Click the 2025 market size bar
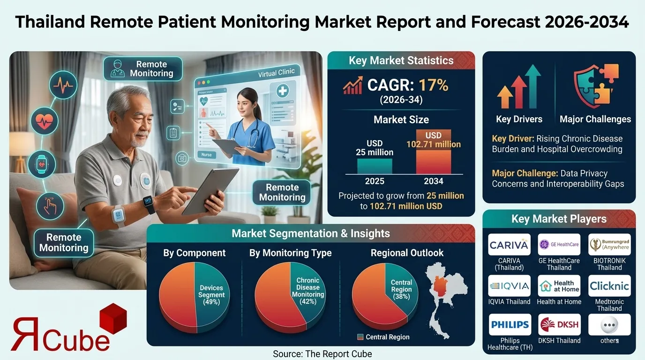(375, 166)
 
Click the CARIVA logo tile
(509, 245)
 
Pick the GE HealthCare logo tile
(559, 245)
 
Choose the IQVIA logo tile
(509, 285)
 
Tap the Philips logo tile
(509, 324)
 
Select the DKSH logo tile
(559, 324)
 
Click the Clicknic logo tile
(609, 285)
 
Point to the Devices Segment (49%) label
(212, 295)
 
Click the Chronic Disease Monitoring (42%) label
(308, 291)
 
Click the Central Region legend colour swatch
(360, 337)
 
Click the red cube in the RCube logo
(111, 319)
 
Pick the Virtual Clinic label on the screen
(276, 74)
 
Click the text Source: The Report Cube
(322, 354)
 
